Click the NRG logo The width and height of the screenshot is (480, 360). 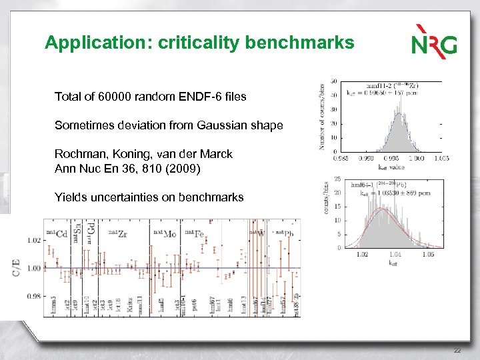(x=434, y=41)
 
